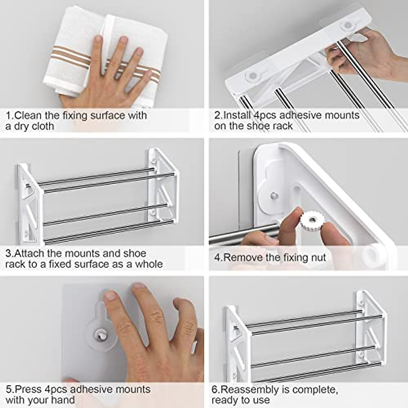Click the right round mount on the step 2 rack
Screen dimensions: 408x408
pos(348,25)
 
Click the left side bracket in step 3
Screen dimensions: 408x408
pos(30,204)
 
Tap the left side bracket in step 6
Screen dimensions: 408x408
pos(237,343)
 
